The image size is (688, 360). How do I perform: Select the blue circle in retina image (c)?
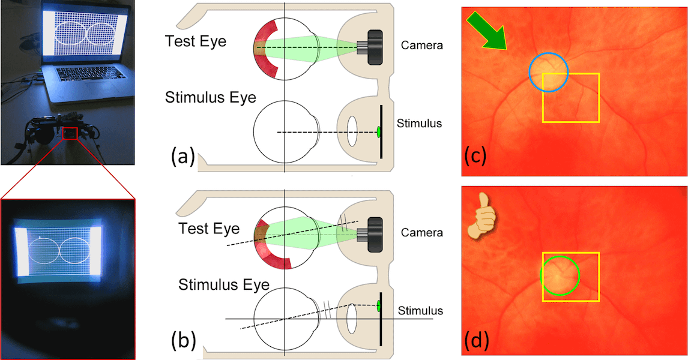[548, 71]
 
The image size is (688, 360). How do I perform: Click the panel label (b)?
[182, 340]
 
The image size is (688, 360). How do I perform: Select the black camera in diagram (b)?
[373, 232]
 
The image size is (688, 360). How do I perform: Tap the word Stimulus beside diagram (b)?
[420, 310]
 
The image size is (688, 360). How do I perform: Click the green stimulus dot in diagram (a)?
[379, 132]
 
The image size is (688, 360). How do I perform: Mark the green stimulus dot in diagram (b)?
[379, 306]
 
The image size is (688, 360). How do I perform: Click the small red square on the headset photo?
[70, 133]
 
